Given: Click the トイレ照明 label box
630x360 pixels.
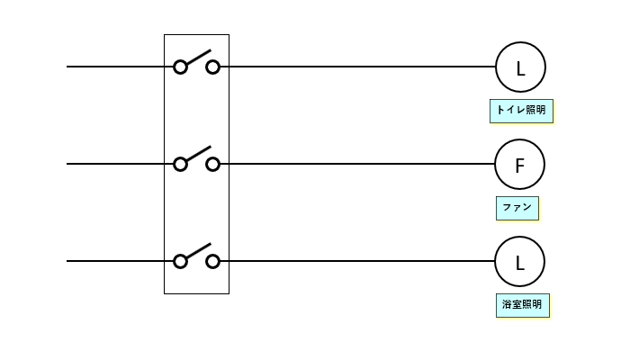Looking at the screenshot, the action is (521, 111).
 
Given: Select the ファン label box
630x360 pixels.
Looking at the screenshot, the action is (517, 208).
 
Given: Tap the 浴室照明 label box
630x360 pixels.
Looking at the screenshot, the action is (522, 305).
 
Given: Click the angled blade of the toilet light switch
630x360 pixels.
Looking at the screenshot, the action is (199, 57).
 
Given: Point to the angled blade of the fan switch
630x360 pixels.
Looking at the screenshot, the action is (199, 154).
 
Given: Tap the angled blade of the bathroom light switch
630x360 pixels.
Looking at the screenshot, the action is (199, 251).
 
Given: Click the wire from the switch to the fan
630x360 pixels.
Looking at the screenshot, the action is (357, 164).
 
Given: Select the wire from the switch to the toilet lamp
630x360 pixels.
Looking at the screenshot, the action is (357, 67).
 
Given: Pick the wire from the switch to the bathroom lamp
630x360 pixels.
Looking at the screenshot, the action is (357, 261).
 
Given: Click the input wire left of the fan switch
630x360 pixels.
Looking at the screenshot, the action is (120, 164).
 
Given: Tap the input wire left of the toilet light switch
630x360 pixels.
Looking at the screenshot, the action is (120, 67).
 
